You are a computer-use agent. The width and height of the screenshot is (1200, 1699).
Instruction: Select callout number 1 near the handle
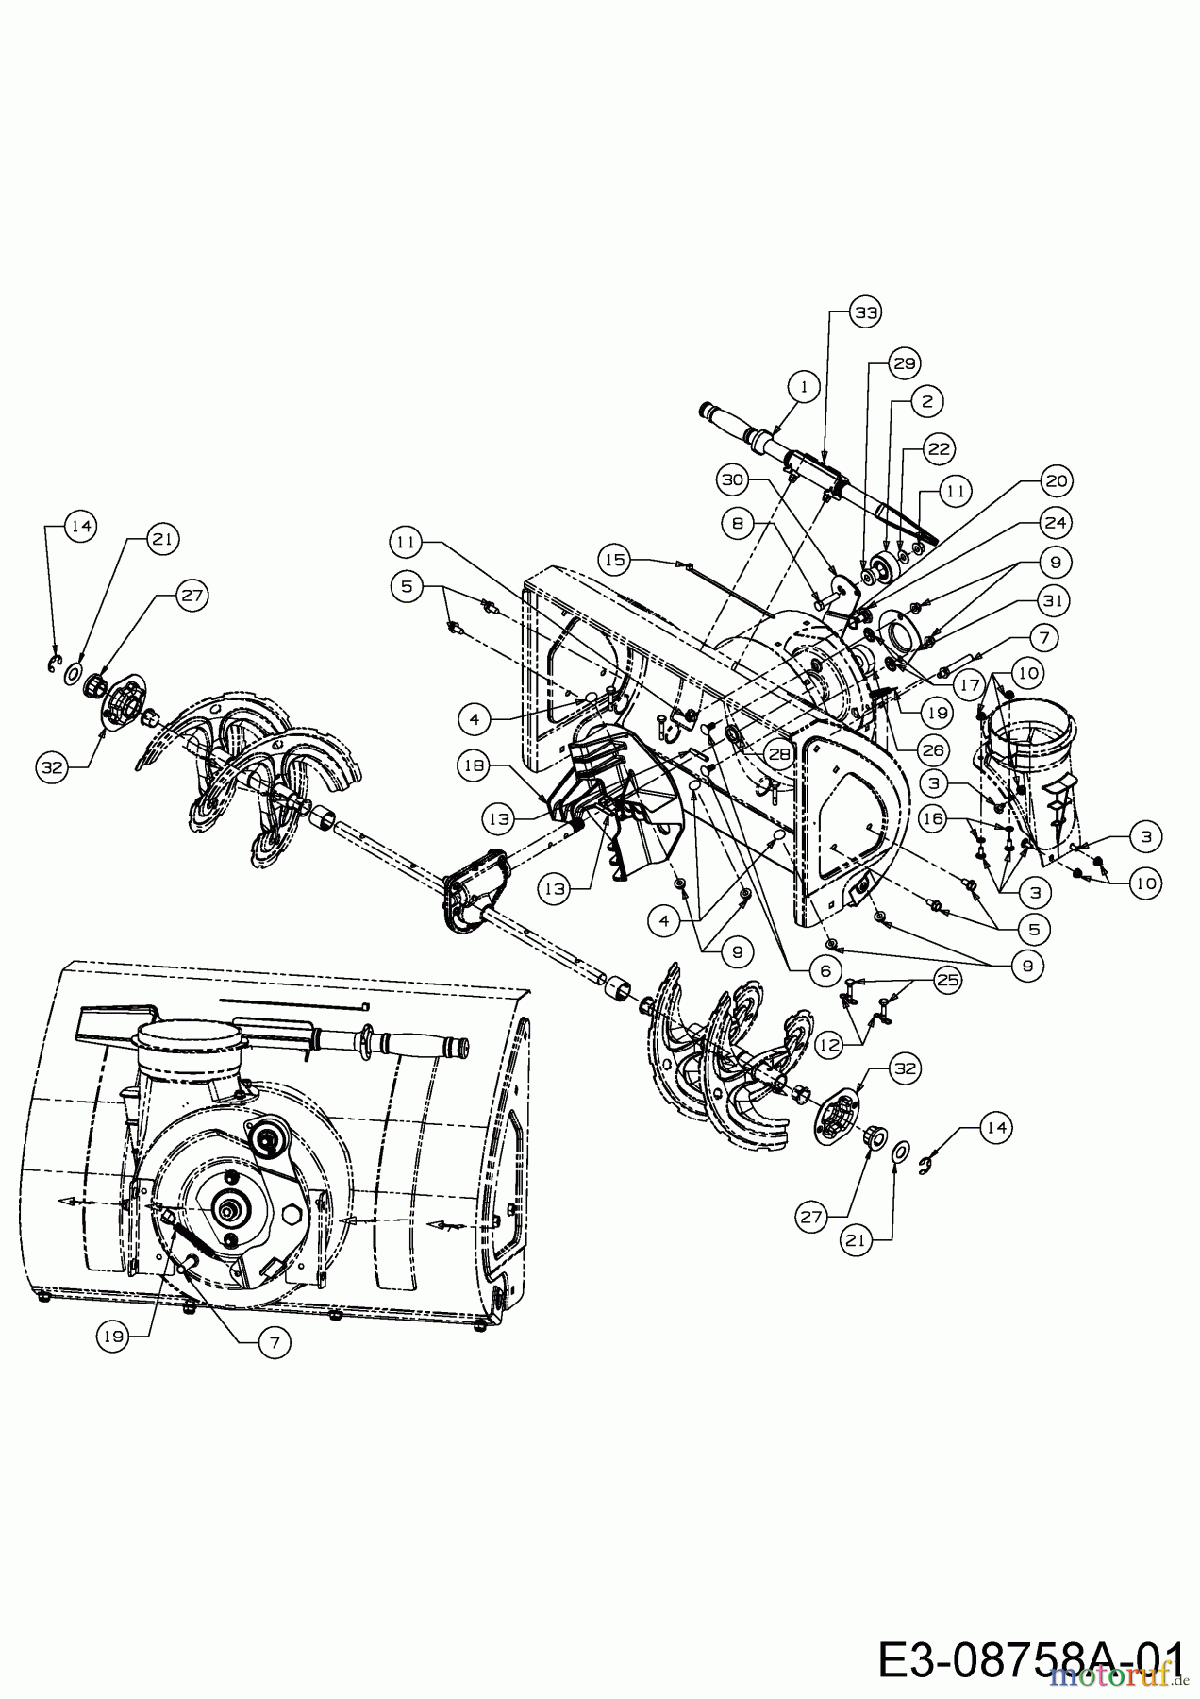(x=802, y=386)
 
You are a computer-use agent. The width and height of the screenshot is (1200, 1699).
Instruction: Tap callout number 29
(x=905, y=363)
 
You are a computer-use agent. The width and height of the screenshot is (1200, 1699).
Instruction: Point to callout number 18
(x=475, y=765)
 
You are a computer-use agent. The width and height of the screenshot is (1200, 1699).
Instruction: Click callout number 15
(x=615, y=560)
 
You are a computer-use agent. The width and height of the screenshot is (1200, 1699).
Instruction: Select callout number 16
(x=933, y=819)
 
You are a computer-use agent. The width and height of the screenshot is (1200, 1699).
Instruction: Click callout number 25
(x=947, y=980)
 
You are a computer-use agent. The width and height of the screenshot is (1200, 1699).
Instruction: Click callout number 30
(x=733, y=479)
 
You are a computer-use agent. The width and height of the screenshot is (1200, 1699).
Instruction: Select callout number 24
(x=1056, y=521)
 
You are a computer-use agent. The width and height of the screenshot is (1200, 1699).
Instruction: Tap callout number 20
(x=1056, y=481)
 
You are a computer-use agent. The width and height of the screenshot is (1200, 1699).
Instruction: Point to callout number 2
(x=926, y=400)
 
